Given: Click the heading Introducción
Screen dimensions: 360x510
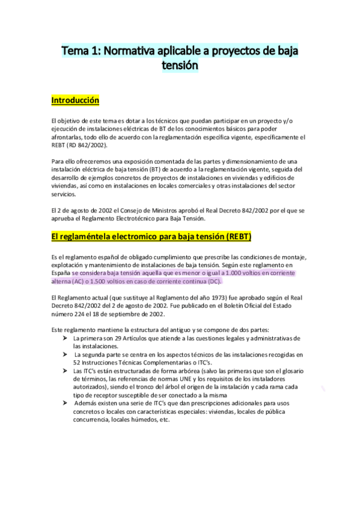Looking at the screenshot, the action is tap(75, 100).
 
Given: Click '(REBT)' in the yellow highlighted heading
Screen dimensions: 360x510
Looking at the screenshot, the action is tap(239, 235).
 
